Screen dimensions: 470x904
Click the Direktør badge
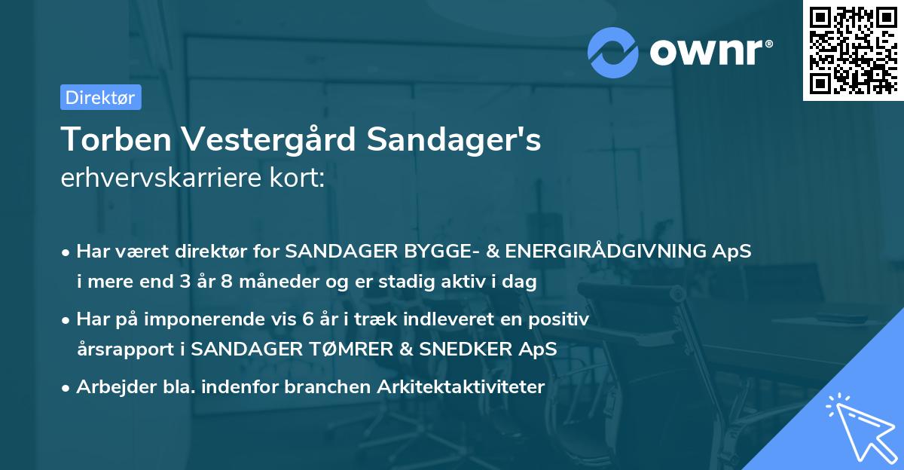[100, 97]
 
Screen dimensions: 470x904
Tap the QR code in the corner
[852, 50]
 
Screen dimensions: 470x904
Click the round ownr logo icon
[613, 52]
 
